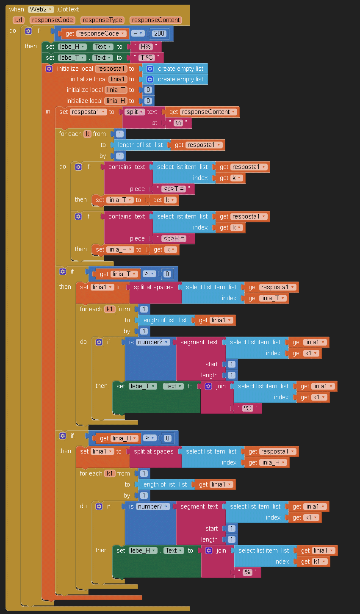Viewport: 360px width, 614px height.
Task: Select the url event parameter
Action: pyautogui.click(x=19, y=20)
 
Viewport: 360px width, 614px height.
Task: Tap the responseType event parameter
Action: pyautogui.click(x=102, y=20)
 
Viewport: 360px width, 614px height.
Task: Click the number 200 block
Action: pyautogui.click(x=160, y=33)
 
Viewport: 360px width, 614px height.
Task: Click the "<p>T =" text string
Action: pyautogui.click(x=174, y=189)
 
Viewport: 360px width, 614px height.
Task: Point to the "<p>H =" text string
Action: pyautogui.click(x=174, y=238)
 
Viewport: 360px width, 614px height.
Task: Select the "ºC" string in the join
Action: pyautogui.click(x=247, y=408)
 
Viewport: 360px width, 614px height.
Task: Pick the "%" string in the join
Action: pyautogui.click(x=247, y=572)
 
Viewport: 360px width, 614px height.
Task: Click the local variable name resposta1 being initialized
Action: pyautogui.click(x=111, y=69)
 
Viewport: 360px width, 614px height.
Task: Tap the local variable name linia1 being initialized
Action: pyautogui.click(x=118, y=79)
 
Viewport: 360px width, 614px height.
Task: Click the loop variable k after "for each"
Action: pyautogui.click(x=88, y=134)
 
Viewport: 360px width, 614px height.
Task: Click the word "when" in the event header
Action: pyautogui.click(x=17, y=9)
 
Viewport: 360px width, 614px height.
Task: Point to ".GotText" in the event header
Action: pyautogui.click(x=68, y=9)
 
